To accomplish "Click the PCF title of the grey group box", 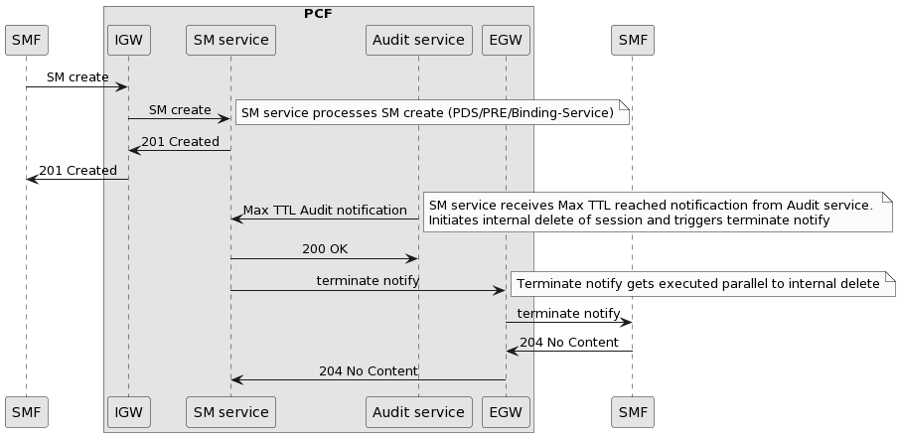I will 318,14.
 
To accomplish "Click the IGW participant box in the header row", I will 128,40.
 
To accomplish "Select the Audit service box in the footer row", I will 418,411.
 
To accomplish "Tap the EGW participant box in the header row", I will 506,40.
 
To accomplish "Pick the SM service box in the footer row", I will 230,411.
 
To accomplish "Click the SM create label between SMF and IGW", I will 77,77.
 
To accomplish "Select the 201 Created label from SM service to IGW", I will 180,142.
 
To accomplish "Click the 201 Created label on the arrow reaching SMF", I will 77,171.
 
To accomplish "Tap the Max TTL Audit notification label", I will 325,211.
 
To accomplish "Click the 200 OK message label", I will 325,248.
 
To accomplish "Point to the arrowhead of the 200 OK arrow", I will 412,258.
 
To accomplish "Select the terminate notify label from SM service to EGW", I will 368,281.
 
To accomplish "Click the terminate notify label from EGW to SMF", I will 568,314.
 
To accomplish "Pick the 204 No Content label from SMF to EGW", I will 569,343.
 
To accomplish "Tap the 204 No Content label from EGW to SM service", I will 368,371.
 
